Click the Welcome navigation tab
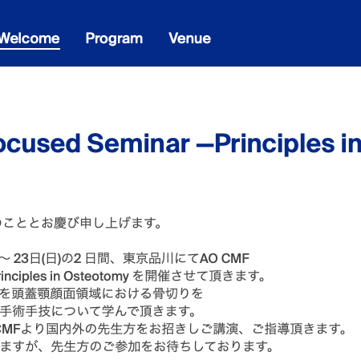click(30, 38)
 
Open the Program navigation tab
click(114, 38)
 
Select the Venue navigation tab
click(190, 38)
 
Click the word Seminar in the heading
click(139, 144)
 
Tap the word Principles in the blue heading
click(274, 144)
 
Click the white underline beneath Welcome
click(30, 49)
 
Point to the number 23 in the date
click(21, 258)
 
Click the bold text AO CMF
click(225, 258)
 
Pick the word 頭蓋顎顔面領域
click(57, 293)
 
